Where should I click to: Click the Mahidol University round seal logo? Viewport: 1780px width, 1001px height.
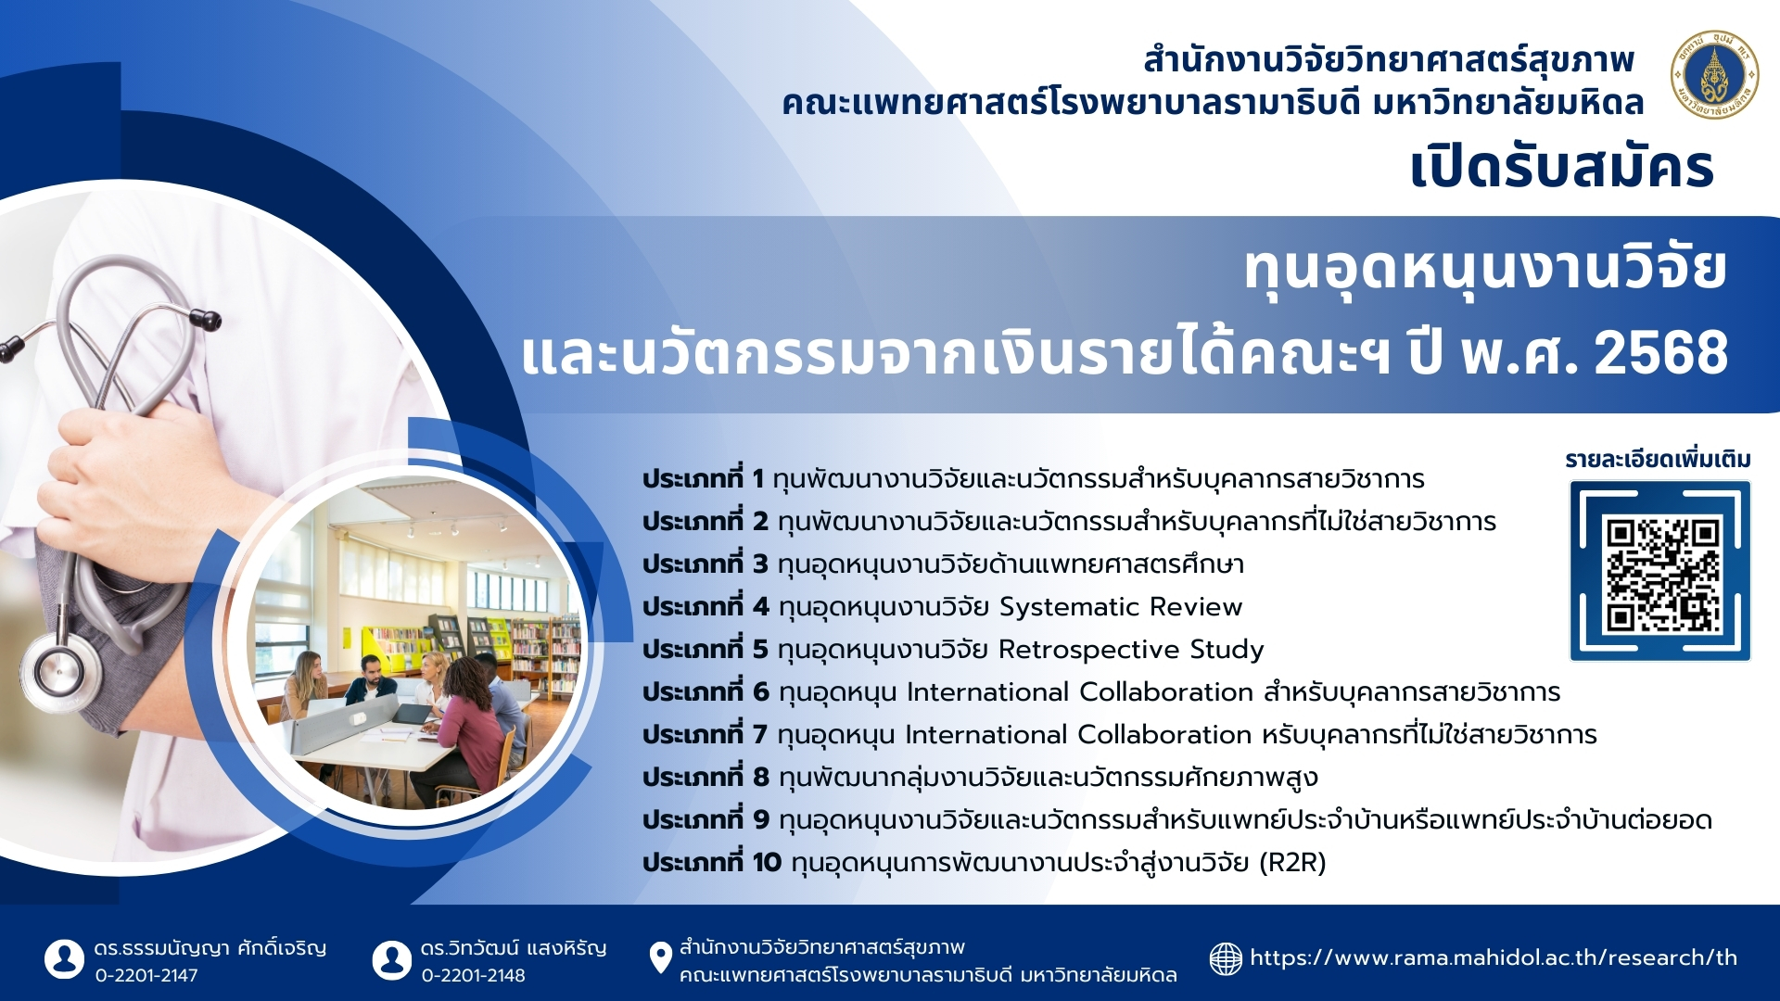[x=1714, y=75]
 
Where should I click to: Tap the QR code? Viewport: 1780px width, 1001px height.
[x=1660, y=570]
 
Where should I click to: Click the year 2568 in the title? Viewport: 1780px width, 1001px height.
[x=1660, y=353]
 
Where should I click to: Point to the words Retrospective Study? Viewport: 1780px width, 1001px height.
[x=1131, y=650]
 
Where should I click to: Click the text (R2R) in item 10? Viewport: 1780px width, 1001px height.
[x=1292, y=863]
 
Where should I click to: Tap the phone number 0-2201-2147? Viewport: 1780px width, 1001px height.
[x=146, y=975]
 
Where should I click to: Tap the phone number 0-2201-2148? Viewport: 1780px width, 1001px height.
[x=473, y=975]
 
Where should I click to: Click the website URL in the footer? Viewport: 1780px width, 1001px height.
[x=1494, y=958]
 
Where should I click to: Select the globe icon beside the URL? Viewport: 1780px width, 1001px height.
[x=1226, y=958]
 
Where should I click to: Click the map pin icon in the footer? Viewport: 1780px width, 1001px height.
[x=660, y=958]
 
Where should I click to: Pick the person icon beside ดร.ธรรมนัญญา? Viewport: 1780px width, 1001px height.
[x=64, y=959]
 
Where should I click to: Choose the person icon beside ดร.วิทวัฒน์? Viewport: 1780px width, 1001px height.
[x=391, y=959]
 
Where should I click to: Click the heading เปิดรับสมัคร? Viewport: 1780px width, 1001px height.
[x=1562, y=168]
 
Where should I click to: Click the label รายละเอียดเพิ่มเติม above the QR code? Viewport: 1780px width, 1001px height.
[x=1658, y=460]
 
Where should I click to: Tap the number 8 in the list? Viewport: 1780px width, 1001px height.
[x=761, y=778]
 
